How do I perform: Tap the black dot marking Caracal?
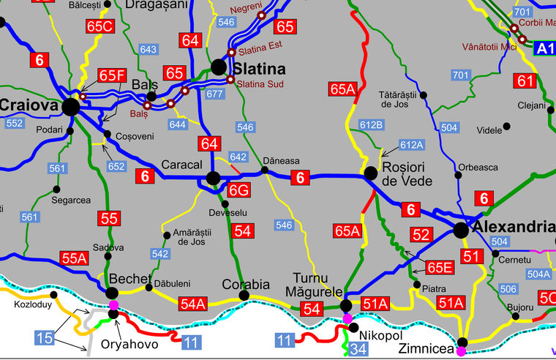(213, 178)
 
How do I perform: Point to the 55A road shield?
(74, 258)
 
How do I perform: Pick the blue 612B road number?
(372, 124)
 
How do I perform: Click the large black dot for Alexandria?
(461, 230)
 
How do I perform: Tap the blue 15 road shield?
(45, 337)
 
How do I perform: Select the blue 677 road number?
(214, 94)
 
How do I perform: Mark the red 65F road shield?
(113, 75)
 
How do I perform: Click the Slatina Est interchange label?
(259, 51)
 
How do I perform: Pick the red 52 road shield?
(420, 235)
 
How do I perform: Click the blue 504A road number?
(538, 274)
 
